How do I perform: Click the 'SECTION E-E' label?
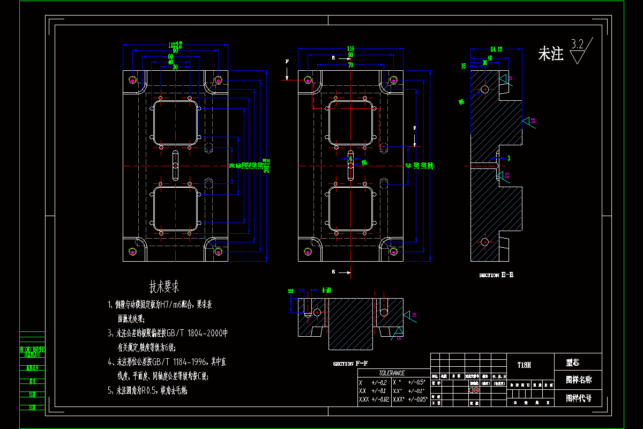pyautogui.click(x=496, y=275)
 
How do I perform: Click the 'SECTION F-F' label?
pyautogui.click(x=350, y=364)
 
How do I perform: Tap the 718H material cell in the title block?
pyautogui.click(x=525, y=365)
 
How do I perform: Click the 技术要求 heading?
pyautogui.click(x=164, y=287)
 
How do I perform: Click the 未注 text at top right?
pyautogui.click(x=551, y=54)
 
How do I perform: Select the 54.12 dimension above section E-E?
pyautogui.click(x=496, y=49)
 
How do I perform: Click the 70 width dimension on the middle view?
pyautogui.click(x=350, y=65)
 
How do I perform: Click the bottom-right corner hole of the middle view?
pyautogui.click(x=393, y=250)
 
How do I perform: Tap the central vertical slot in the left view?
pyautogui.click(x=175, y=166)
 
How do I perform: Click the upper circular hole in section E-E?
pyautogui.click(x=484, y=88)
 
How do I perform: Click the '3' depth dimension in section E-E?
pyautogui.click(x=509, y=158)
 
